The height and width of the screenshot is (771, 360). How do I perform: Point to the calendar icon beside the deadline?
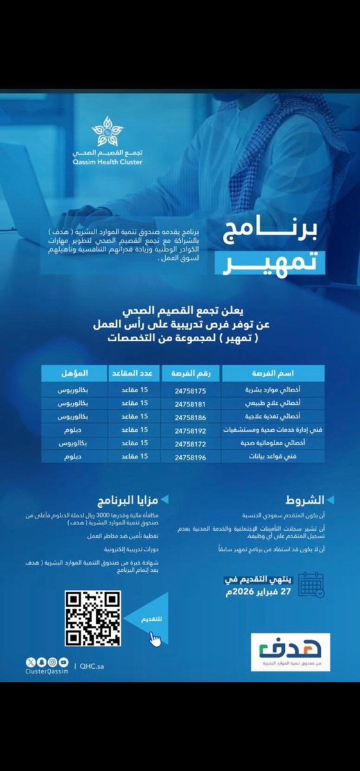pyautogui.click(x=311, y=585)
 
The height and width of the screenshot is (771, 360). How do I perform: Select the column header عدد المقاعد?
pyautogui.click(x=136, y=373)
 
